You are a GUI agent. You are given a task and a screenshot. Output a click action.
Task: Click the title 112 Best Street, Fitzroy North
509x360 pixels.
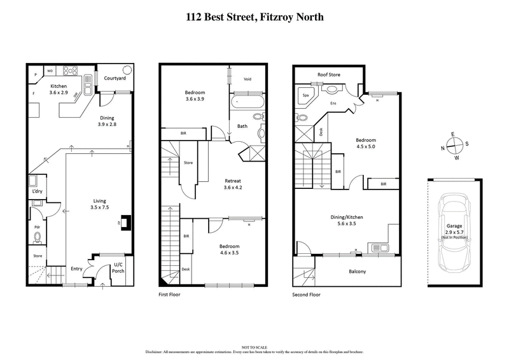tap(254, 17)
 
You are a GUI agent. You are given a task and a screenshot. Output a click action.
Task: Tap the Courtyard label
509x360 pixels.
tap(115, 79)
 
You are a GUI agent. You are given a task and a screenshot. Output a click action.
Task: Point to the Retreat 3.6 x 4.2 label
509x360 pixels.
tap(234, 184)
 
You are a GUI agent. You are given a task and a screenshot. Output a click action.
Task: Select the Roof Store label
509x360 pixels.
tap(329, 74)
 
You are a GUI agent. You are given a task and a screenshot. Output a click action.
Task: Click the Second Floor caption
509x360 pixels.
tap(307, 295)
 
